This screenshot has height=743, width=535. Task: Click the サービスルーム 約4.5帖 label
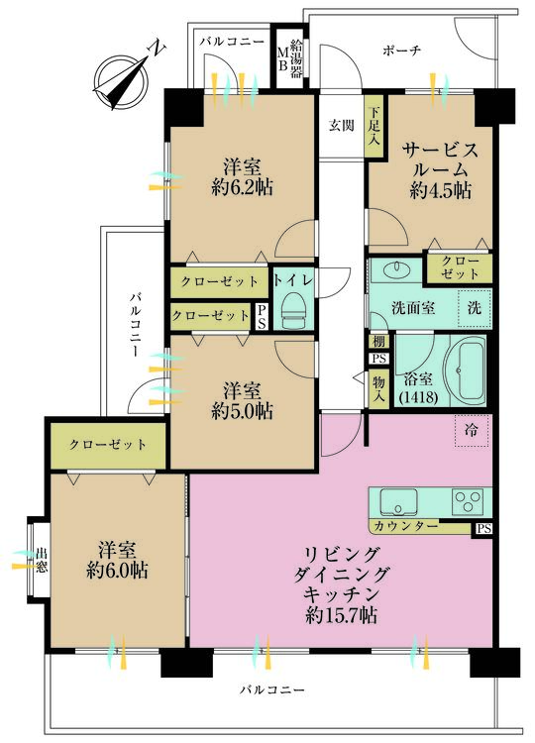[441, 169]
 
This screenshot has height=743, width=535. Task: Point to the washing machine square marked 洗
[475, 307]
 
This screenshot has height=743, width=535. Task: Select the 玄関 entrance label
[342, 125]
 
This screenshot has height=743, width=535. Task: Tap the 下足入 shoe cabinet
[374, 127]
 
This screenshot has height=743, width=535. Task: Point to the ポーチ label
[401, 52]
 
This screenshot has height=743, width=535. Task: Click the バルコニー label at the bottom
[272, 688]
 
